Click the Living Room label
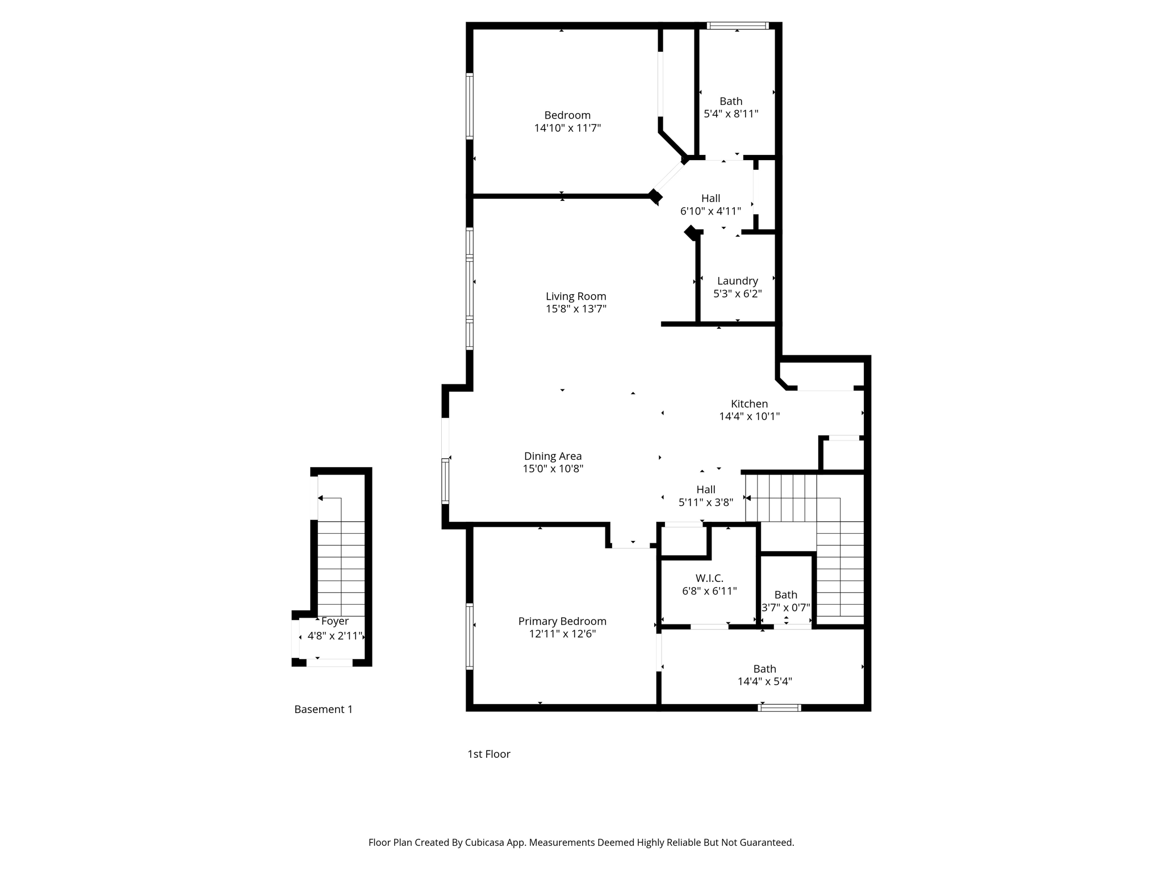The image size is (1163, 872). pos(576,296)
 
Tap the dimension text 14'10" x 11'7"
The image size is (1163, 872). pos(567,128)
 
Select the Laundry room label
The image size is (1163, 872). pos(737,281)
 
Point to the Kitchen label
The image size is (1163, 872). pos(749,404)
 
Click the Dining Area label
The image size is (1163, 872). pos(553,456)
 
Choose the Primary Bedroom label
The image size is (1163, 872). pos(562,621)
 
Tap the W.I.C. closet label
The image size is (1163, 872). pos(709,578)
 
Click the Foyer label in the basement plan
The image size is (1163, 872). pos(334,621)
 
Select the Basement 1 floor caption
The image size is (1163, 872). pos(323,709)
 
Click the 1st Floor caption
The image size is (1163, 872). pos(488,754)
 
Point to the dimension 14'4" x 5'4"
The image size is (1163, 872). pos(764,681)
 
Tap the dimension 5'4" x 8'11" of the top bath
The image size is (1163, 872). pos(731,114)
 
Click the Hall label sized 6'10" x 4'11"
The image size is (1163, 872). pos(710,198)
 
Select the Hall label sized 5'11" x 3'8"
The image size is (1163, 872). pos(706,489)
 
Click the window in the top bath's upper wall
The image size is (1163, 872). pos(738,26)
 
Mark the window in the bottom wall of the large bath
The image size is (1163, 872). pos(780,707)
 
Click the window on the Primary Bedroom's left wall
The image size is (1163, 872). pos(470,636)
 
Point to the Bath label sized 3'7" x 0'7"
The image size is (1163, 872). pos(785,594)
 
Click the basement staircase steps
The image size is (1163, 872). pos(341,568)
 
